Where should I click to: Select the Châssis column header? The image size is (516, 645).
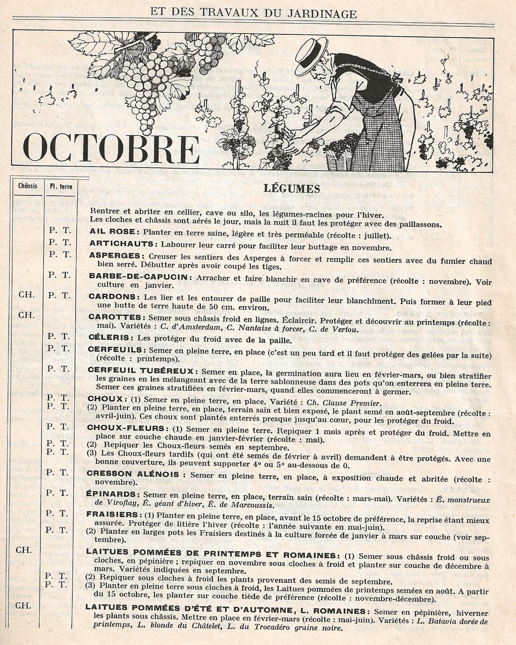[x=28, y=186]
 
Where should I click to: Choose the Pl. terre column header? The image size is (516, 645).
[x=58, y=186]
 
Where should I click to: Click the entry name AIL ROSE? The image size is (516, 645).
[x=114, y=232]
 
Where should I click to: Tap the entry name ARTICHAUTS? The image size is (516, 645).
[x=122, y=243]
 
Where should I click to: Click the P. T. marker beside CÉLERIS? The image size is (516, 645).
[x=59, y=336]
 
